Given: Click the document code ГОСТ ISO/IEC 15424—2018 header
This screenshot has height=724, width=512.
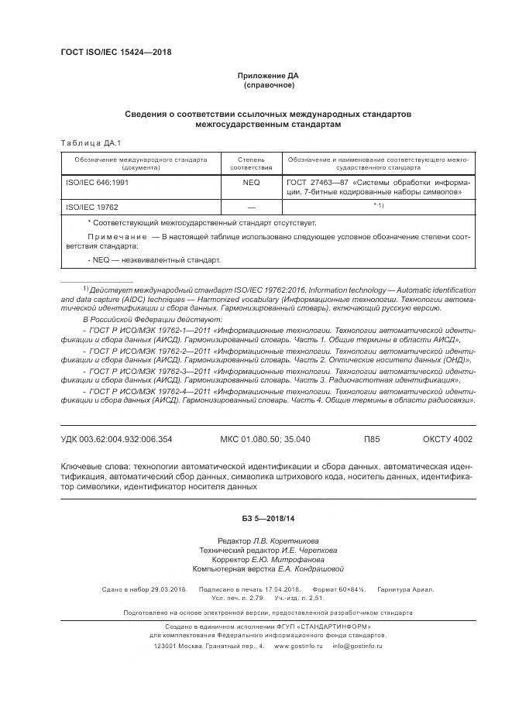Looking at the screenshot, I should pyautogui.click(x=115, y=53).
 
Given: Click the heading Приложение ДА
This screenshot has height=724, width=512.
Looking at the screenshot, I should pyautogui.click(x=267, y=75).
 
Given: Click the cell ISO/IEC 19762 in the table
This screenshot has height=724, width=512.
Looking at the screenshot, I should pyautogui.click(x=91, y=207).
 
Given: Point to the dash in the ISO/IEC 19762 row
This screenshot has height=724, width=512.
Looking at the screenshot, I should pyautogui.click(x=250, y=208).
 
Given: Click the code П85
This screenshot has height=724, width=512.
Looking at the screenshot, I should pyautogui.click(x=372, y=439).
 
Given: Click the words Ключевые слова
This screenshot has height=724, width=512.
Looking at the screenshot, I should pyautogui.click(x=94, y=467).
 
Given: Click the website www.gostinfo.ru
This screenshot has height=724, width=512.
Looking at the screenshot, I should pyautogui.click(x=301, y=644).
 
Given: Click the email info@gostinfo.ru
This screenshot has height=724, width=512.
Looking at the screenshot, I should pyautogui.click(x=357, y=644).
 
